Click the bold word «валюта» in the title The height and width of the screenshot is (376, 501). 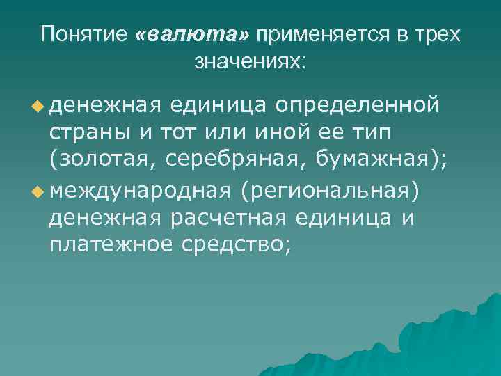[196, 35]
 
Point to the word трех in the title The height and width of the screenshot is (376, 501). [438, 35]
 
